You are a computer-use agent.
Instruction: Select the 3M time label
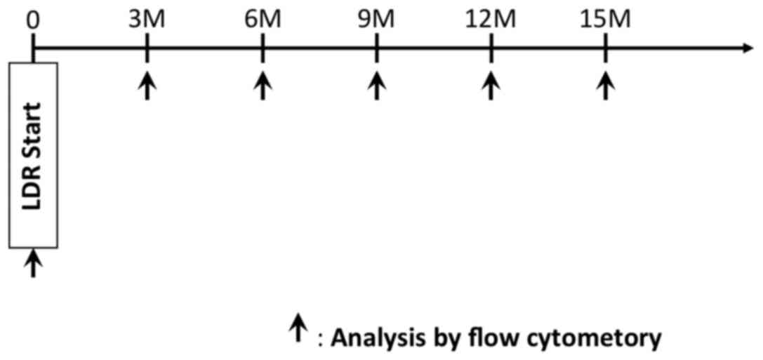[x=147, y=18]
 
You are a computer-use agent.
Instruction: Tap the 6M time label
[x=263, y=18]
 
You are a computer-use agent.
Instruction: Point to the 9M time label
[x=378, y=18]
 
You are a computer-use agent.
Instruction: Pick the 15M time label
[x=606, y=18]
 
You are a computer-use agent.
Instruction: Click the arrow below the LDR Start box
[x=33, y=264]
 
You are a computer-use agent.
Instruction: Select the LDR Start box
[x=33, y=154]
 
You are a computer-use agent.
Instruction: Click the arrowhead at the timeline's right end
[x=745, y=48]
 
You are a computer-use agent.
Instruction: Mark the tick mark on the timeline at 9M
[x=378, y=48]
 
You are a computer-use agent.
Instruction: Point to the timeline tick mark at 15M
[x=606, y=48]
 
